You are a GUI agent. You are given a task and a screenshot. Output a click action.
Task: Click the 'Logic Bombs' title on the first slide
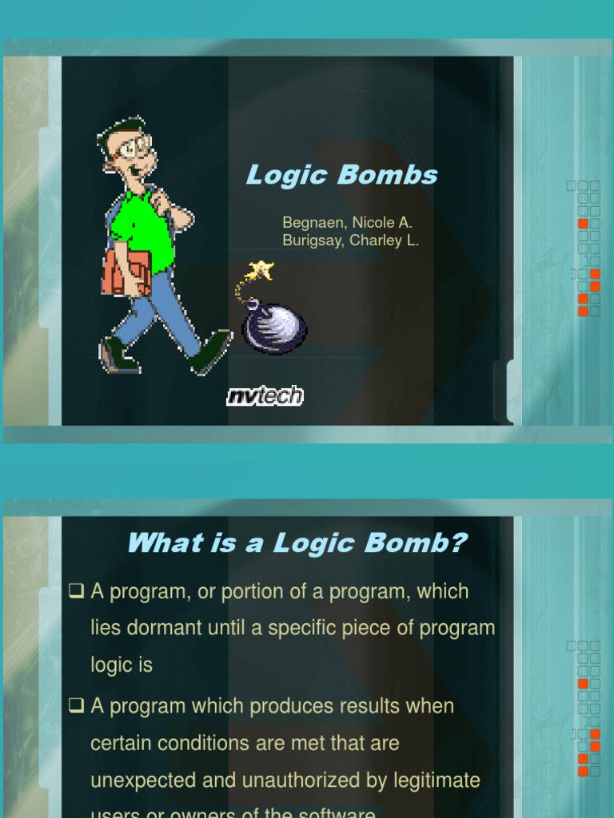pos(341,175)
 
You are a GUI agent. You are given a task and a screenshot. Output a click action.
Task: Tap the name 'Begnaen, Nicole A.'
pos(347,223)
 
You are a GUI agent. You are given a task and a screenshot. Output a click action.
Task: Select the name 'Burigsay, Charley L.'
pos(350,240)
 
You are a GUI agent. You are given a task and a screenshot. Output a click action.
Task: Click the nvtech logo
pos(265,395)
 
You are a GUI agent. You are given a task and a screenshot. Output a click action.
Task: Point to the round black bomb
pos(276,328)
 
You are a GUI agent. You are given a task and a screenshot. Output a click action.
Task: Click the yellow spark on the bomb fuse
pos(261,270)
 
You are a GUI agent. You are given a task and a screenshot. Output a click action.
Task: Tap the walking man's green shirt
pos(144,232)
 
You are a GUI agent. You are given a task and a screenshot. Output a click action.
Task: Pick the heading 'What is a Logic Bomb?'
pos(297,543)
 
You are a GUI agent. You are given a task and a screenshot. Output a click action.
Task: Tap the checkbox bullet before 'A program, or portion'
pos(77,592)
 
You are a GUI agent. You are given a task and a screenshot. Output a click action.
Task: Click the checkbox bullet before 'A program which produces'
pos(77,706)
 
